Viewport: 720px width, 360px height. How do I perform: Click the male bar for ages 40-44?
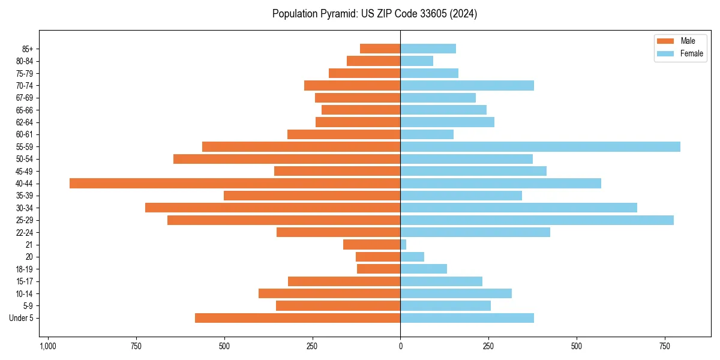pyautogui.click(x=235, y=184)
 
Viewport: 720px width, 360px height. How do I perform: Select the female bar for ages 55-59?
pyautogui.click(x=540, y=147)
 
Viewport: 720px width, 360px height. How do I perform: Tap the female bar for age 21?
pyautogui.click(x=403, y=245)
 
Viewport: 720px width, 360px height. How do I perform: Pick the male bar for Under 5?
pyautogui.click(x=298, y=318)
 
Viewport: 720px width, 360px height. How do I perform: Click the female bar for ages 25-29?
pyautogui.click(x=537, y=220)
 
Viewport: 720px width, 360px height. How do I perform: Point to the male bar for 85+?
pyautogui.click(x=380, y=49)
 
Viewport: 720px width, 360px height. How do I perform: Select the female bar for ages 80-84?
pyautogui.click(x=416, y=61)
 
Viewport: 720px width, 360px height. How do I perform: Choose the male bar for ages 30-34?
pyautogui.click(x=272, y=208)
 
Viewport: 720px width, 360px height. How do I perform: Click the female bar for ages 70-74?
pyautogui.click(x=467, y=86)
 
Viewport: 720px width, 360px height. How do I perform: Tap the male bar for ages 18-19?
pyautogui.click(x=379, y=269)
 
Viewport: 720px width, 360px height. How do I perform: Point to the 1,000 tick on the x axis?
pyautogui.click(x=48, y=347)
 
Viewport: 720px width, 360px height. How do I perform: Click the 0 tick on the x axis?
pyautogui.click(x=400, y=347)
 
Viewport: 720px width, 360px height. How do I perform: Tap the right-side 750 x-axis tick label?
pyautogui.click(x=665, y=347)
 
